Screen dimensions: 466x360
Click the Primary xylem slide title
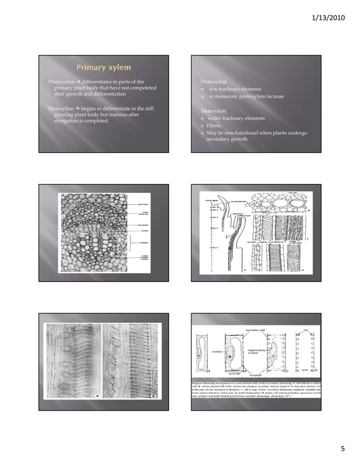point(104,68)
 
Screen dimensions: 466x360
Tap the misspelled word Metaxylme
point(62,108)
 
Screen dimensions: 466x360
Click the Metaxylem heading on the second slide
point(213,111)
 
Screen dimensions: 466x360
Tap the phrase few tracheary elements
point(235,89)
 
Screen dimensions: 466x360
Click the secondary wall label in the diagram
point(256,329)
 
